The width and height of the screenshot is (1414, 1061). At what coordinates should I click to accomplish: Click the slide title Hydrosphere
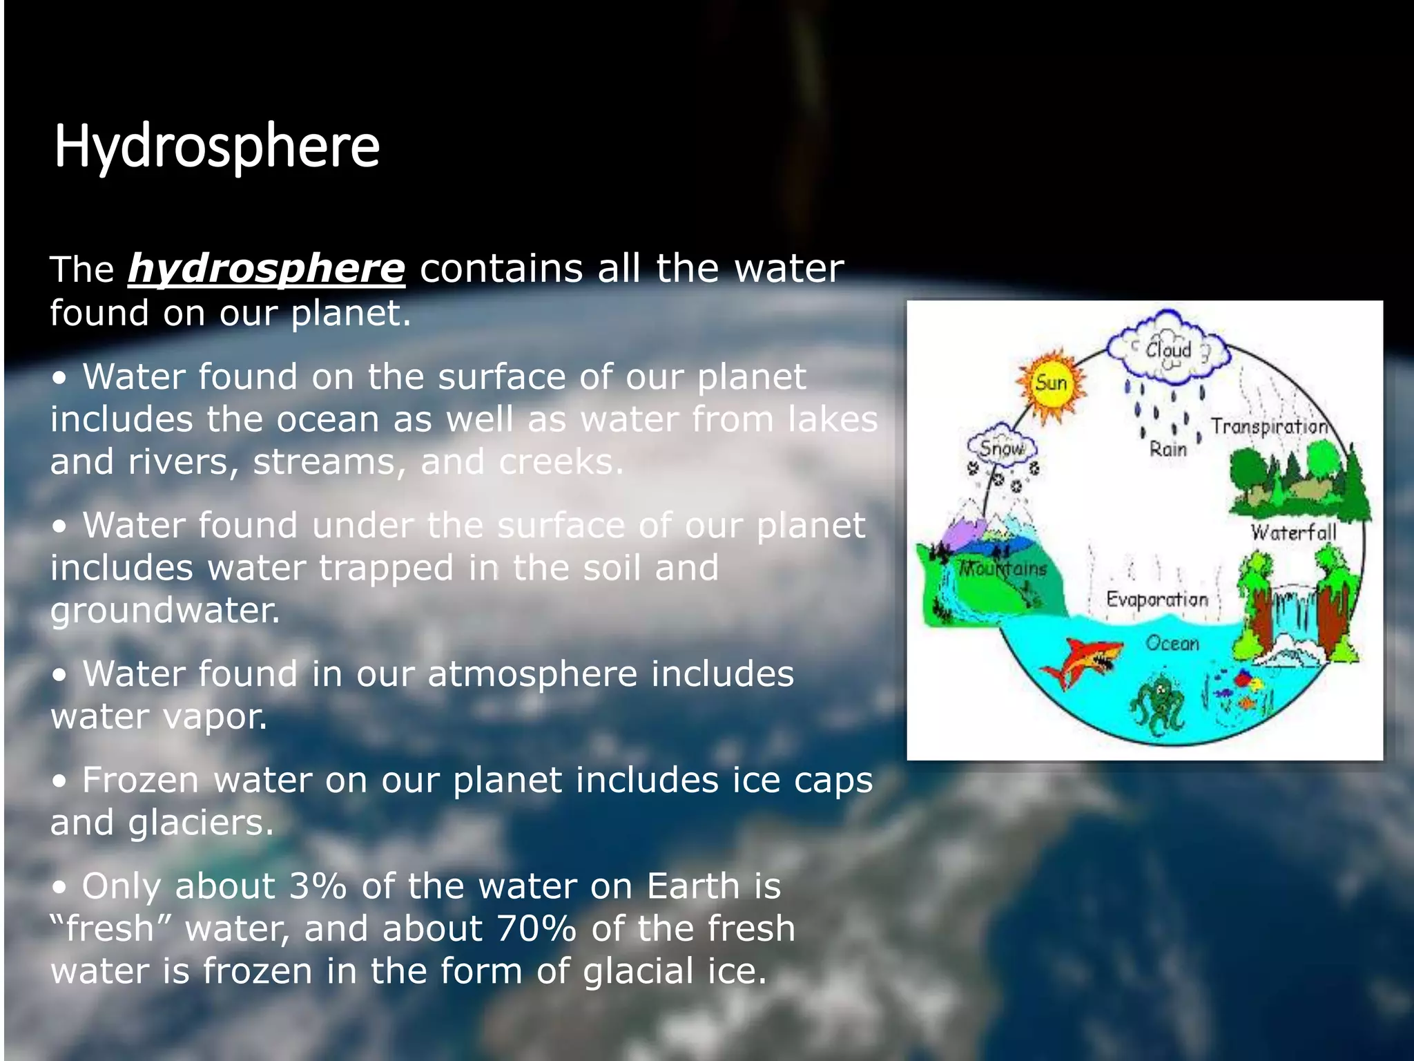pos(217,146)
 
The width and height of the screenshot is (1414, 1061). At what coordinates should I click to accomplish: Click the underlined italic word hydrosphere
pos(266,269)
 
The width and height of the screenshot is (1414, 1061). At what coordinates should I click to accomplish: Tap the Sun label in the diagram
pos(1051,383)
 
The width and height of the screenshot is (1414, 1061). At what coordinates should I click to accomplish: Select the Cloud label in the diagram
pos(1168,350)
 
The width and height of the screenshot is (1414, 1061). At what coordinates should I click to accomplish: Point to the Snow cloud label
pos(1001,448)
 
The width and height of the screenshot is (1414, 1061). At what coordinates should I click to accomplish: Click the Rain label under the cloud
pos(1168,450)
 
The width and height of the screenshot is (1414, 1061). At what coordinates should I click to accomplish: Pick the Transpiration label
pos(1269,427)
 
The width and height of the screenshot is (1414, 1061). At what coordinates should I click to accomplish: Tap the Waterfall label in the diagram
pos(1293,533)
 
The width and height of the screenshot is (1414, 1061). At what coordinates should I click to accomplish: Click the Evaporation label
pos(1157,599)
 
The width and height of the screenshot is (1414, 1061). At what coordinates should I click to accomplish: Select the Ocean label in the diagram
pos(1172,644)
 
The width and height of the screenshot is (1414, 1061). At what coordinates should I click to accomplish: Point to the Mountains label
pos(1004,568)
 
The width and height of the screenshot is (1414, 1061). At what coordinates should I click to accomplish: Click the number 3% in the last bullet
pos(317,886)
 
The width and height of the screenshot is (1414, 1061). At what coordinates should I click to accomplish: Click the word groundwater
pos(164,611)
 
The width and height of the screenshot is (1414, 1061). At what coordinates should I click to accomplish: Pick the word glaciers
pos(201,823)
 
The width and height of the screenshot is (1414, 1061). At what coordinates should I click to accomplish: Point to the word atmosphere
pos(532,674)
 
